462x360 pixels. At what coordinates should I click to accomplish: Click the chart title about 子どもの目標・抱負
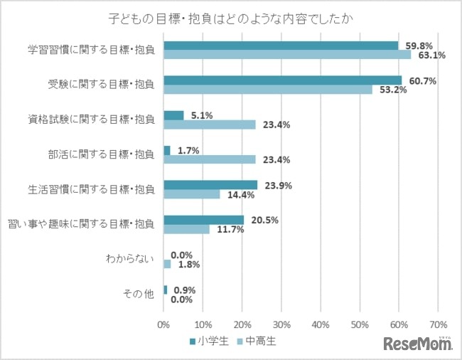click(231, 16)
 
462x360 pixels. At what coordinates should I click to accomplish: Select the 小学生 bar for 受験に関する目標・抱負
click(282, 80)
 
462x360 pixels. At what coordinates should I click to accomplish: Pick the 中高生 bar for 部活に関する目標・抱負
click(209, 159)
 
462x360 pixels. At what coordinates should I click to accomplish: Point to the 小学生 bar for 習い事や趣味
click(203, 220)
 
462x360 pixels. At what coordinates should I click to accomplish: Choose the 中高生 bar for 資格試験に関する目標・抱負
click(209, 125)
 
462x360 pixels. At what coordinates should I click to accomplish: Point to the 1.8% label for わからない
click(187, 265)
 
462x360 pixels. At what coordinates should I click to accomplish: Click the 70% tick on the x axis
click(438, 324)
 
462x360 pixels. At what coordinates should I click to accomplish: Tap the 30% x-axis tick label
click(281, 324)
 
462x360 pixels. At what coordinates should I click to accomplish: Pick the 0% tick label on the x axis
click(163, 324)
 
